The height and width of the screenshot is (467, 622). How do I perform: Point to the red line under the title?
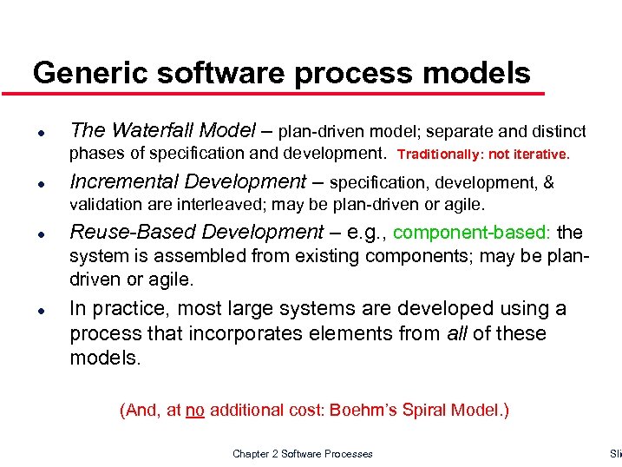[x=286, y=92]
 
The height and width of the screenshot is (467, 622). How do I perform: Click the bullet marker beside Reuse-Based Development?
[x=42, y=235]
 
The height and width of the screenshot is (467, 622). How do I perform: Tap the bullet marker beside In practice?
[x=42, y=310]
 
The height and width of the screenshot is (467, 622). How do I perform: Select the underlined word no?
[x=194, y=411]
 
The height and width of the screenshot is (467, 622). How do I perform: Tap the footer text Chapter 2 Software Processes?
[x=303, y=454]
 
